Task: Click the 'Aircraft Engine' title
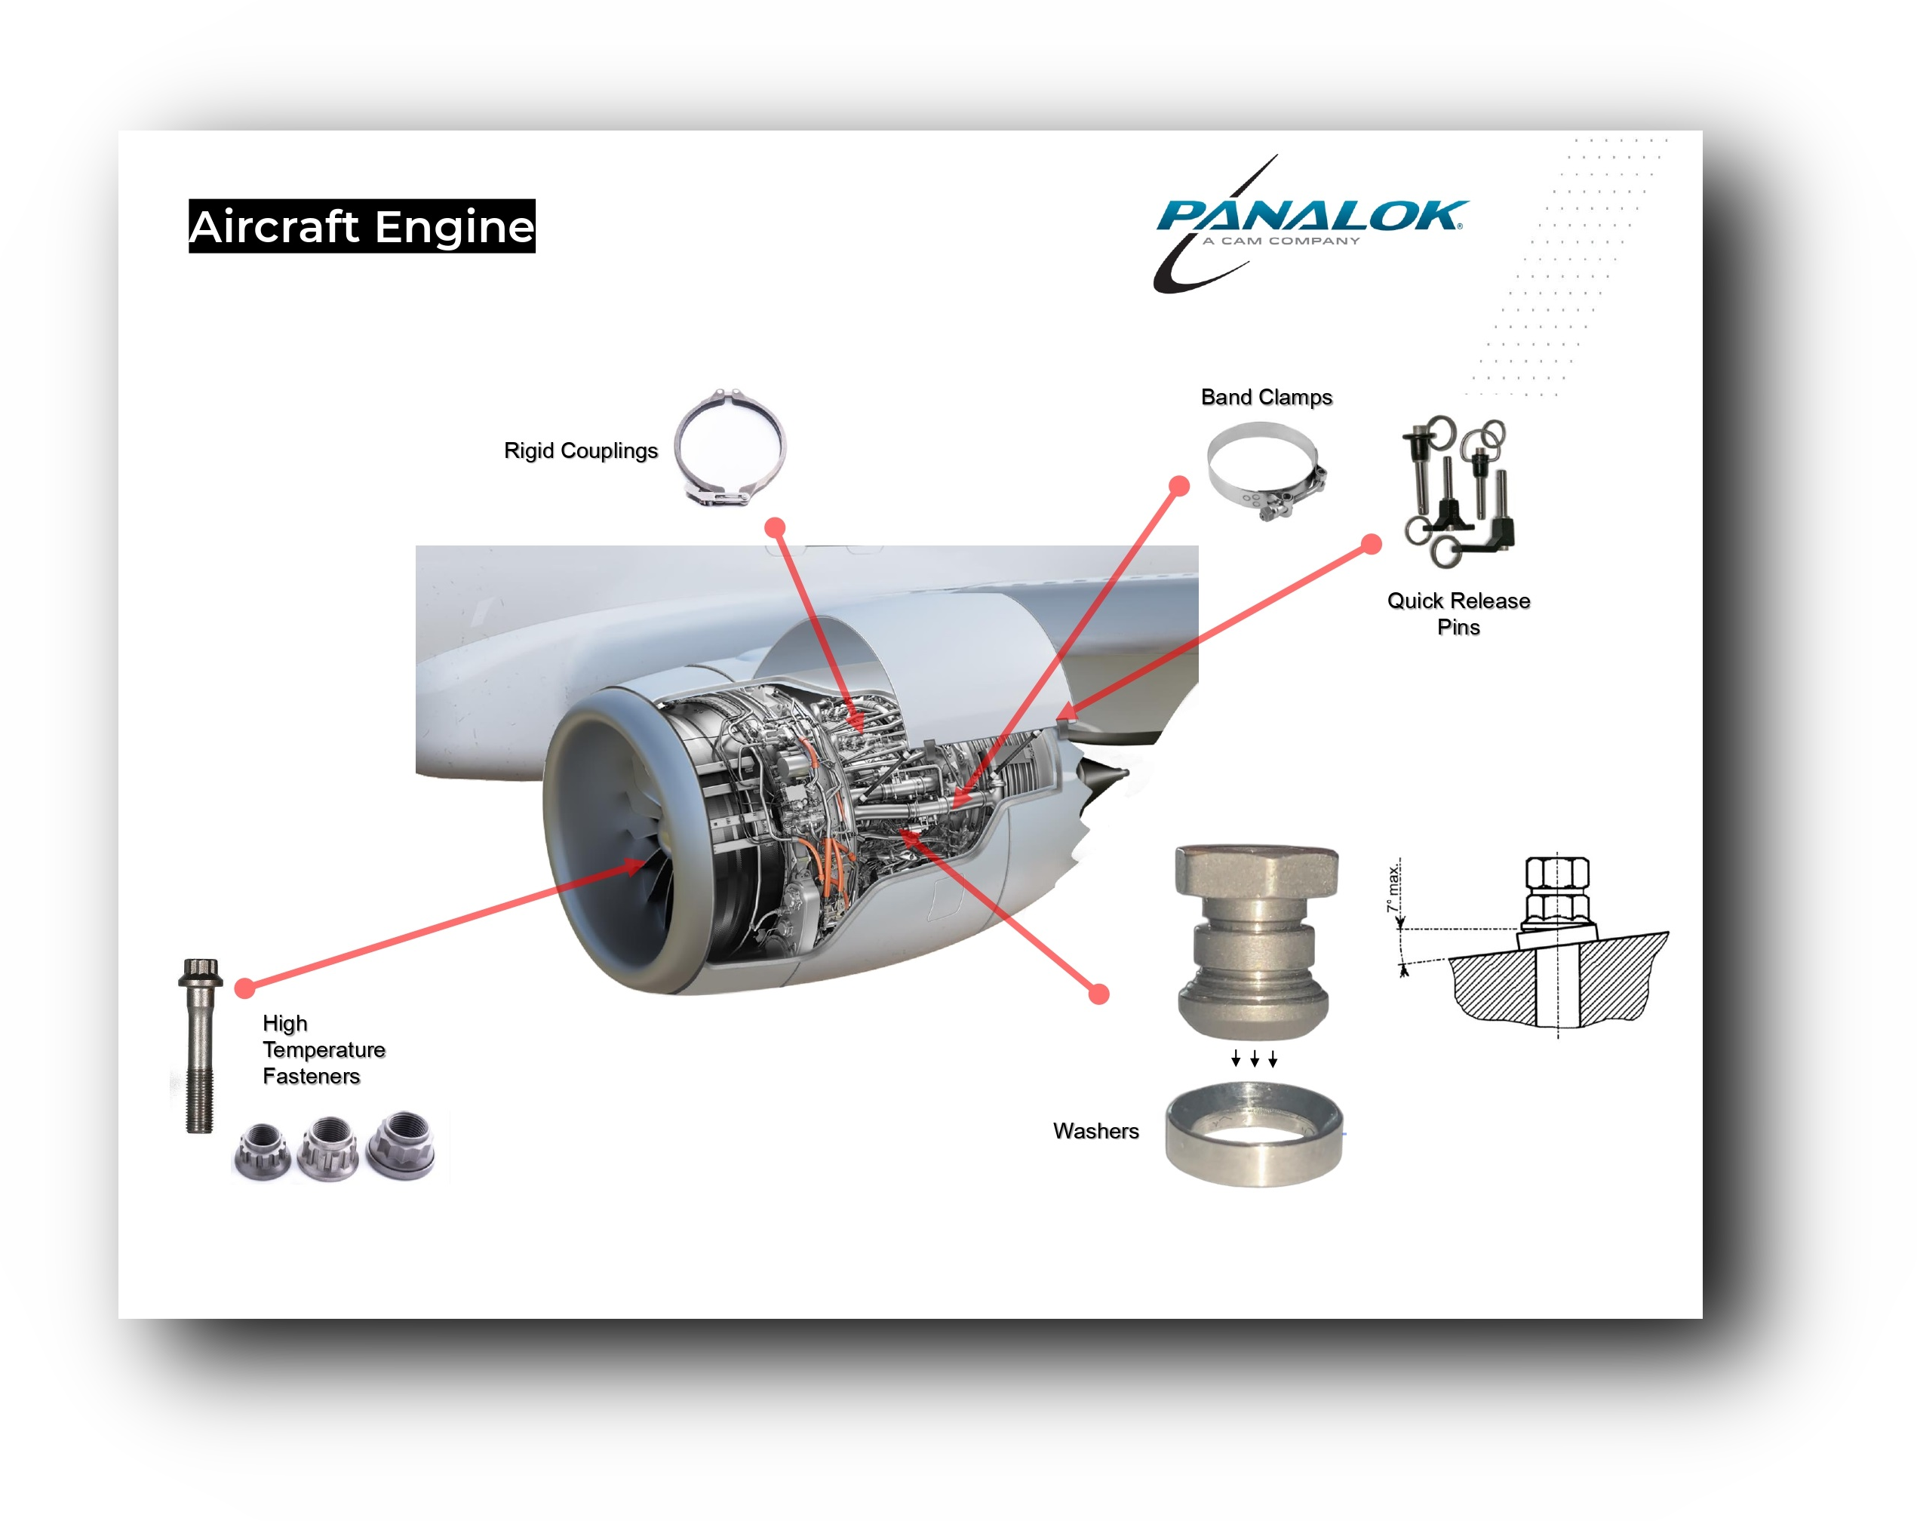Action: point(362,226)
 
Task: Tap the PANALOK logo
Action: point(1310,224)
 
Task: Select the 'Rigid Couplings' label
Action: point(581,450)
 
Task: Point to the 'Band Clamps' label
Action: point(1266,398)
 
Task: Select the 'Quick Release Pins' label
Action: point(1458,613)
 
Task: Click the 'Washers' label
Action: point(1095,1131)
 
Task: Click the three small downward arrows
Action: point(1254,1059)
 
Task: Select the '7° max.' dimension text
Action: point(1394,886)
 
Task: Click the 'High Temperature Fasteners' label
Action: point(324,1050)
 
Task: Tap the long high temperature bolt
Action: point(200,1046)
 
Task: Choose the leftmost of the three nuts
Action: point(263,1151)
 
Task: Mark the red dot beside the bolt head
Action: point(245,987)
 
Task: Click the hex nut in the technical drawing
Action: point(1557,874)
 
